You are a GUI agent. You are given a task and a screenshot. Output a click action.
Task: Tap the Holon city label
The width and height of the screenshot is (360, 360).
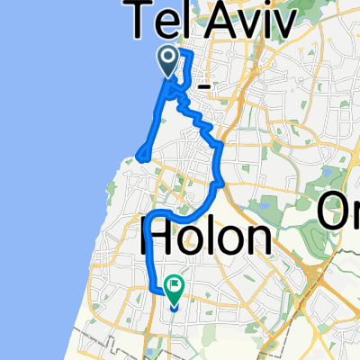click(x=206, y=238)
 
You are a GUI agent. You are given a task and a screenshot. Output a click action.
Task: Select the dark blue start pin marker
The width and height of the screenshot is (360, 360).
click(x=168, y=61)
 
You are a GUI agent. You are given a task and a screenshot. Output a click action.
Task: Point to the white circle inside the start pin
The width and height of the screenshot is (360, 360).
click(x=168, y=58)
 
